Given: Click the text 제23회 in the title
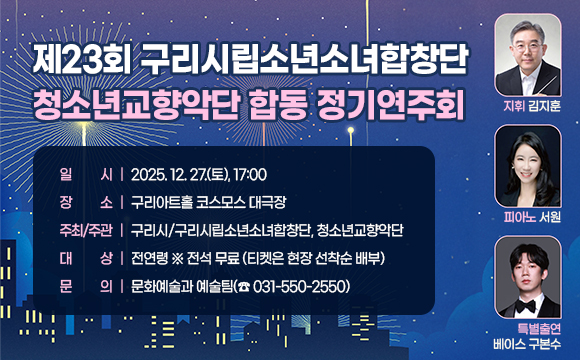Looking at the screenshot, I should pos(83,58).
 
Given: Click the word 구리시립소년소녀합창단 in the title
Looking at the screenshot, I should pos(305,58).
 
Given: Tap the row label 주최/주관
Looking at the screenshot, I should pos(85,231).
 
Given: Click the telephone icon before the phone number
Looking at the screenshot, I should pos(243,286).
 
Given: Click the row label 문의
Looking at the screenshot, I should pos(85,286).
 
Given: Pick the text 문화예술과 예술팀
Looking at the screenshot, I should pos(177,286).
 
